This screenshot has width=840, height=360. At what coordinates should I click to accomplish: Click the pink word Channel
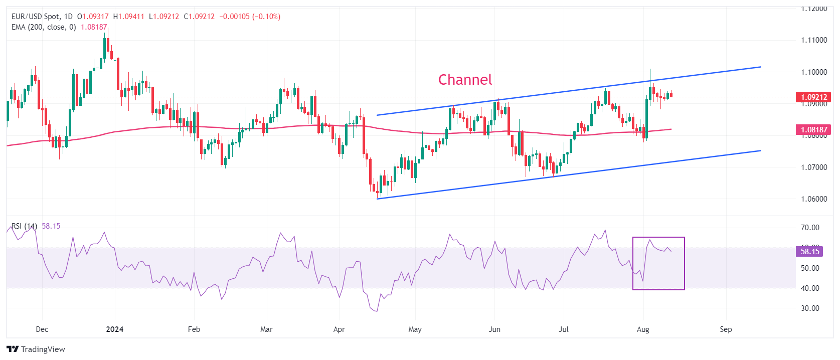tap(465, 80)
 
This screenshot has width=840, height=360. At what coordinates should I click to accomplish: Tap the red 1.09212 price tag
tap(813, 97)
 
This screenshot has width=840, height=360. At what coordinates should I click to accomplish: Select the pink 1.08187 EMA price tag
tap(813, 130)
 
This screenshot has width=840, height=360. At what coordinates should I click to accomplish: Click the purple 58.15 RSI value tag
tap(809, 252)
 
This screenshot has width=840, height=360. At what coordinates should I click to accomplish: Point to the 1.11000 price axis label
tap(813, 40)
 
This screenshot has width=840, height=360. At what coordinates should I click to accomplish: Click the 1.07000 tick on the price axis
tap(813, 167)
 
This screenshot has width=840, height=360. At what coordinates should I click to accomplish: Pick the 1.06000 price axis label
tap(813, 199)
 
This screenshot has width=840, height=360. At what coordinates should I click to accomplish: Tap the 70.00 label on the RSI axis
tap(810, 228)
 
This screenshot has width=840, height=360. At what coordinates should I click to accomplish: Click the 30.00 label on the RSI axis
tap(810, 308)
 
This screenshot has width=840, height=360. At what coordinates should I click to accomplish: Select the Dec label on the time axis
tap(42, 329)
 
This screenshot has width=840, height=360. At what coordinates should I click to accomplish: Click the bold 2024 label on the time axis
tap(115, 329)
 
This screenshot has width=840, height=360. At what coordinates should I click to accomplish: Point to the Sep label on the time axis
tap(726, 329)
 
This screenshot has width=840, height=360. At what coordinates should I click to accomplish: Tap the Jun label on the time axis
tap(494, 329)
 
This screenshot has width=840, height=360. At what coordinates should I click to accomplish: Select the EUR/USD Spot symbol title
tap(35, 17)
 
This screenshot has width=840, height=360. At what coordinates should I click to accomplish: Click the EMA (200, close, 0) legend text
tap(44, 27)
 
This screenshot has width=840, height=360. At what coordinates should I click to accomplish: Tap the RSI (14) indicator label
tap(24, 226)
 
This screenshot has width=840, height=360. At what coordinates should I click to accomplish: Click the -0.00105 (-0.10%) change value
tap(250, 17)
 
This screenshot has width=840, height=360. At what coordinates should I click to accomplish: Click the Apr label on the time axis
tap(339, 329)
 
